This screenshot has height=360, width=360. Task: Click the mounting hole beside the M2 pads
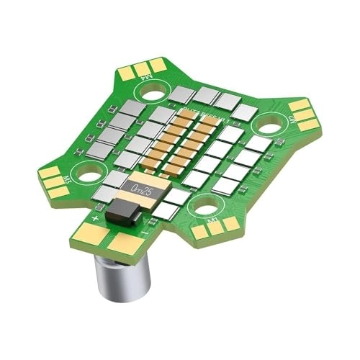tap(270, 125)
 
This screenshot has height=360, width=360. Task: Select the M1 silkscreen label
tap(213, 217)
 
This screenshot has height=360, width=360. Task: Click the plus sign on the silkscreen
tap(96, 216)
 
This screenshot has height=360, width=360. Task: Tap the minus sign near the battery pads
tap(145, 233)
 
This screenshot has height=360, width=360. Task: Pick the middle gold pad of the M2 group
tap(304, 114)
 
